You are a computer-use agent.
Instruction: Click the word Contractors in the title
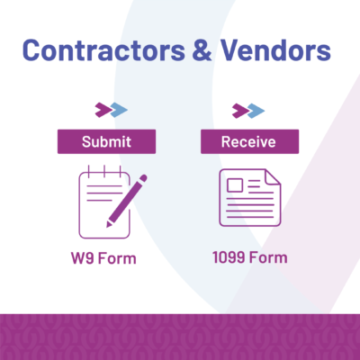(103, 50)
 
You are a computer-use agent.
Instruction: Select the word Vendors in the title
(276, 50)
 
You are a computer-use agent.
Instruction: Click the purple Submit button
(106, 141)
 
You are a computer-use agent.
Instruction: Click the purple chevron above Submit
(103, 110)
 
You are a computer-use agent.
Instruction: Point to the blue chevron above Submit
(119, 110)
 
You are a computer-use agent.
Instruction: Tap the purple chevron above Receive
(240, 111)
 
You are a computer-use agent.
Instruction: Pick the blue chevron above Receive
(256, 111)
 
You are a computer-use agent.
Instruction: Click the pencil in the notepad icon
(127, 201)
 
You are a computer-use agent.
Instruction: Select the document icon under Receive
(250, 197)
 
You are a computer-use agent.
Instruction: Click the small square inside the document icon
(235, 185)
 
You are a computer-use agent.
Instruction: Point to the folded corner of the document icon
(274, 176)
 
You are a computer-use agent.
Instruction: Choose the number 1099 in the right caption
(229, 257)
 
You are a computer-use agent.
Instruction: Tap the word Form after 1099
(268, 257)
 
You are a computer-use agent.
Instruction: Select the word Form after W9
(117, 258)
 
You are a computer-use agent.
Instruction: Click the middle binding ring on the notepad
(104, 171)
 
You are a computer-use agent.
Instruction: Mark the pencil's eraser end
(143, 178)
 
